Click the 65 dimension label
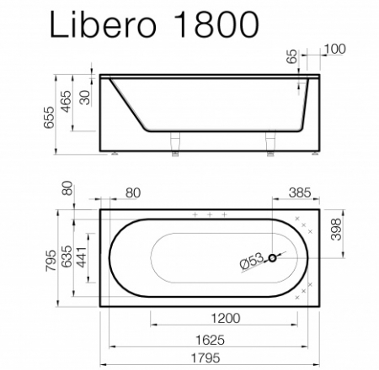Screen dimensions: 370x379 click(293, 59)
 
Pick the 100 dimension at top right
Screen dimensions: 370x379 click(334, 49)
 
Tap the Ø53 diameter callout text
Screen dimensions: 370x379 click(252, 262)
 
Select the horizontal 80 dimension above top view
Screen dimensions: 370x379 click(132, 193)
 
